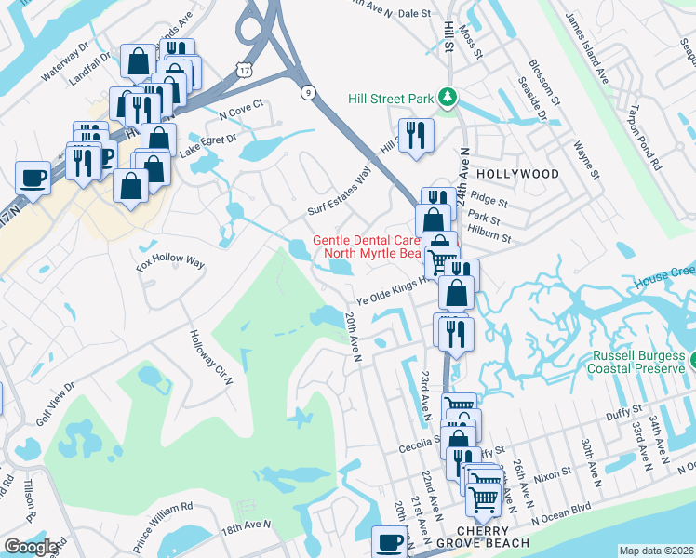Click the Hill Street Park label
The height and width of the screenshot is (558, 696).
click(x=391, y=99)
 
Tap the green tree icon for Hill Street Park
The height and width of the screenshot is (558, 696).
click(x=448, y=97)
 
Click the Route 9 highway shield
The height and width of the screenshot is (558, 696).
click(x=306, y=91)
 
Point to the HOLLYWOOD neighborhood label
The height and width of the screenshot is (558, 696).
click(x=518, y=174)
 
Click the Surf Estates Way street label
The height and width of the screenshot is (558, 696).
click(x=340, y=192)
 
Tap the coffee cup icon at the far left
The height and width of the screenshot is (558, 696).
click(x=33, y=179)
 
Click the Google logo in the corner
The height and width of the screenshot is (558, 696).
click(x=31, y=547)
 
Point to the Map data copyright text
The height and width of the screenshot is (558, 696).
click(x=656, y=551)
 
